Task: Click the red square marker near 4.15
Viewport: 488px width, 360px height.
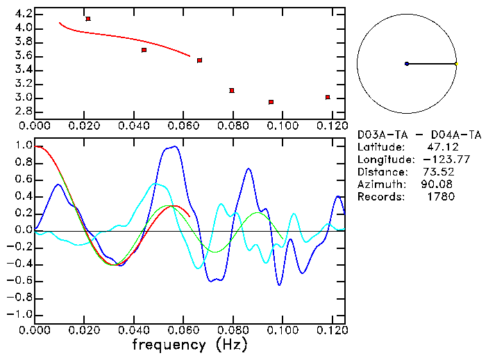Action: pyautogui.click(x=88, y=19)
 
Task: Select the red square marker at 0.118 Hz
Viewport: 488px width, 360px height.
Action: pyautogui.click(x=328, y=97)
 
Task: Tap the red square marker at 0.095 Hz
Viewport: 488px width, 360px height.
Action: pyautogui.click(x=271, y=102)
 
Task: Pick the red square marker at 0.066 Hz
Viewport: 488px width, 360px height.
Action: pyautogui.click(x=199, y=60)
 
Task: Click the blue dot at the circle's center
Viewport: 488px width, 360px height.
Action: pyautogui.click(x=407, y=64)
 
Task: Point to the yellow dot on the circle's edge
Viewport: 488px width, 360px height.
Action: pyautogui.click(x=456, y=64)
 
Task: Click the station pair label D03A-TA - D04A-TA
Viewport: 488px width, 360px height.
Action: pyautogui.click(x=419, y=135)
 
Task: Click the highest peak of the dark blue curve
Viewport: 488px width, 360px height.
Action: pyautogui.click(x=175, y=146)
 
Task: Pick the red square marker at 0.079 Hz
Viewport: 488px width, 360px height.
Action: pyautogui.click(x=232, y=90)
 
